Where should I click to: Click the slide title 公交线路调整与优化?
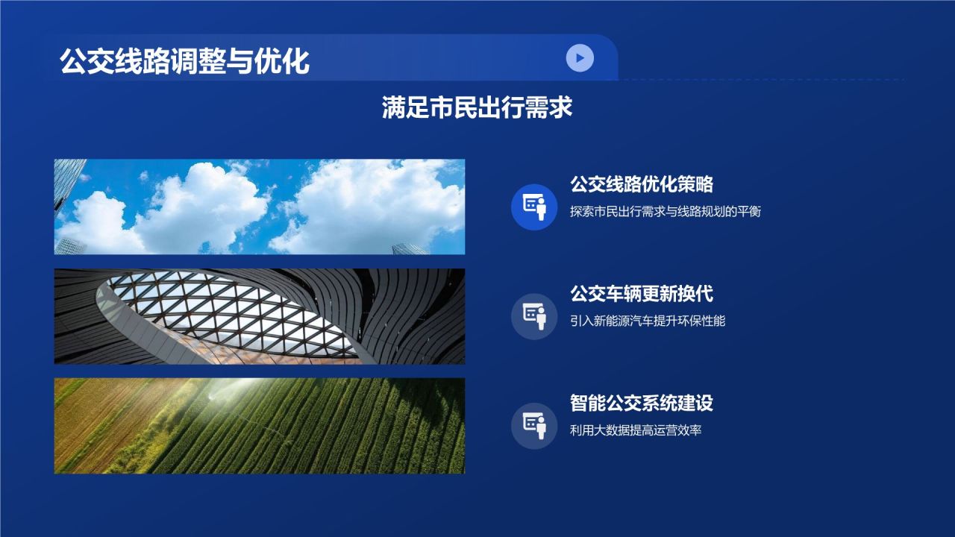click(184, 61)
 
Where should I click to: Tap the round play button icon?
click(580, 57)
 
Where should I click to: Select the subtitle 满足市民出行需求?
click(477, 107)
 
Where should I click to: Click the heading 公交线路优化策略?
click(642, 184)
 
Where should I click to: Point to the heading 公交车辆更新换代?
click(642, 293)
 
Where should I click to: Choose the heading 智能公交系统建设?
click(642, 403)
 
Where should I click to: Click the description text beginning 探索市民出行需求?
click(665, 211)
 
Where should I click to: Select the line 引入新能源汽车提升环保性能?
click(647, 321)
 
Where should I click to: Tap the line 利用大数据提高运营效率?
click(635, 430)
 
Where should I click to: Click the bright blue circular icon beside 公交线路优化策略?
click(534, 207)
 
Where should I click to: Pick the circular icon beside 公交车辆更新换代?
click(534, 316)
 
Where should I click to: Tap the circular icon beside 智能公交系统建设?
click(534, 426)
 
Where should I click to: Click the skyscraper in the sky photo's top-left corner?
click(67, 179)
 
